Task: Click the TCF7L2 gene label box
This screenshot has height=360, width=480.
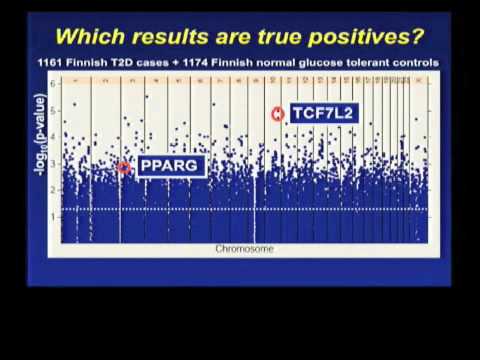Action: click(323, 113)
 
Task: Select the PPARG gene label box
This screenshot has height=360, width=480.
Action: click(170, 166)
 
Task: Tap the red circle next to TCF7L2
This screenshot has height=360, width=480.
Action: click(278, 114)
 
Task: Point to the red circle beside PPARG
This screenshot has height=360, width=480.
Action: click(124, 167)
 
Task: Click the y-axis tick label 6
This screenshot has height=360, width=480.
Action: click(52, 83)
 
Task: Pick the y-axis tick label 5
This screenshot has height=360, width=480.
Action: click(52, 110)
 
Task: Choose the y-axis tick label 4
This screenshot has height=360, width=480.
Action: click(52, 136)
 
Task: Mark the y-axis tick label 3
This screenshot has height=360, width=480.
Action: click(52, 163)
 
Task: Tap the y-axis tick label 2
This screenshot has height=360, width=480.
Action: click(52, 189)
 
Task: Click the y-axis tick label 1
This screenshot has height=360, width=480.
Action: click(52, 216)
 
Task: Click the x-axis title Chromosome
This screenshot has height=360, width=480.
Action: click(244, 249)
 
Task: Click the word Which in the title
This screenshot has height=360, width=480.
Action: click(88, 38)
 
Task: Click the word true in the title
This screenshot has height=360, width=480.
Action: click(251, 38)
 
